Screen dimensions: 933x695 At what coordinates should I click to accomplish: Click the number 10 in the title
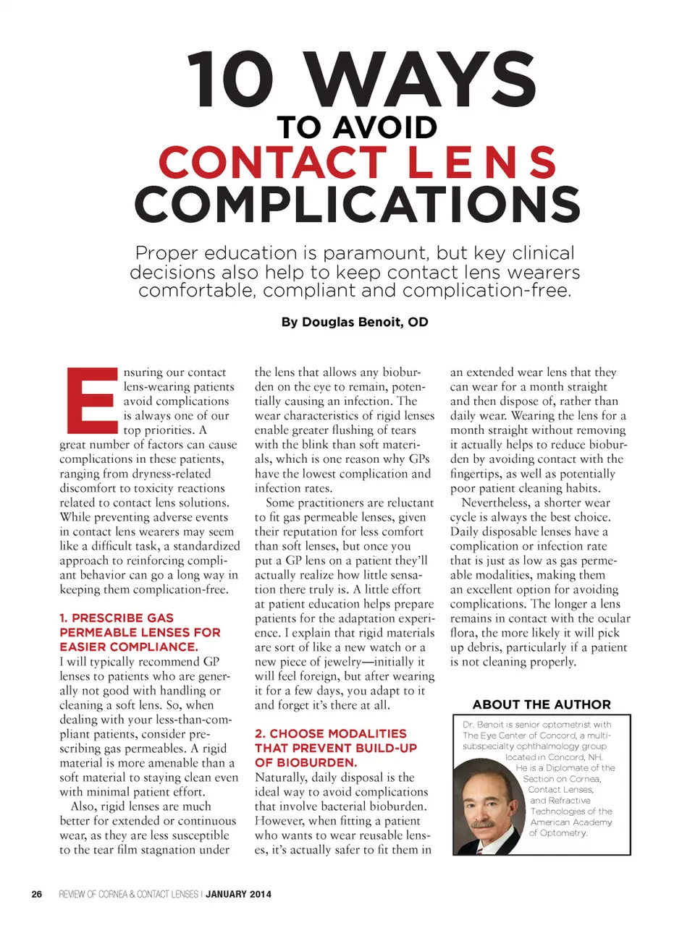(x=230, y=80)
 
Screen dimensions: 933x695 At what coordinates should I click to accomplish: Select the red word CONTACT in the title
(x=272, y=163)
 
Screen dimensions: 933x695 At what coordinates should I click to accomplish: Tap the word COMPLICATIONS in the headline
(x=358, y=205)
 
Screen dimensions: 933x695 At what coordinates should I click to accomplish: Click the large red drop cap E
(x=90, y=399)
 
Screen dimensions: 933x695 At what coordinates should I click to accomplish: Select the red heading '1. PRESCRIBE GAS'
(x=117, y=618)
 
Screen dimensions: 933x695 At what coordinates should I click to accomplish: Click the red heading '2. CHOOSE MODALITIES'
(x=331, y=733)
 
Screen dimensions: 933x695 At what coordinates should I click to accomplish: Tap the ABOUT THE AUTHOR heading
(x=542, y=704)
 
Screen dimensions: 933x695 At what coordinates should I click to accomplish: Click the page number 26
(x=37, y=895)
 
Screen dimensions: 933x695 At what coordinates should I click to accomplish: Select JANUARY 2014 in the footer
(x=238, y=895)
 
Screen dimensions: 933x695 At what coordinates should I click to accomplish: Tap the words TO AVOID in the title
(x=358, y=128)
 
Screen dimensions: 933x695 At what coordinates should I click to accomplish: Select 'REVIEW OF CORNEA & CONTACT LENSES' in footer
(x=128, y=895)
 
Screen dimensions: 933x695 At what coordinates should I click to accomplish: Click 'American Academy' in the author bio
(x=571, y=822)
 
